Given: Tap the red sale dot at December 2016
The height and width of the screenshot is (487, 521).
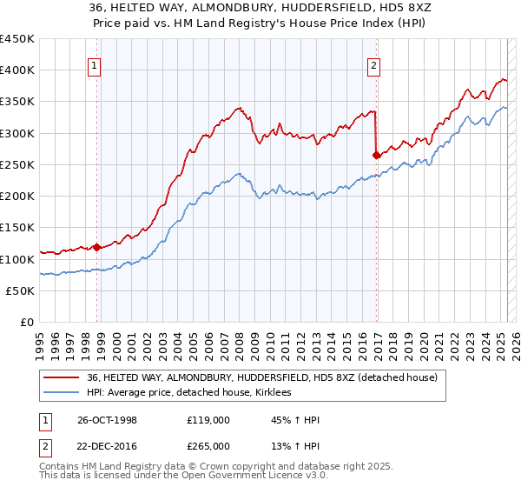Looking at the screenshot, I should [x=376, y=156].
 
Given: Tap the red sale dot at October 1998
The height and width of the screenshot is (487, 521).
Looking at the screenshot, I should [x=97, y=248].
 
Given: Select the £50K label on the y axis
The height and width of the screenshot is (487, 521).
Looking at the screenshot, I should [x=20, y=291].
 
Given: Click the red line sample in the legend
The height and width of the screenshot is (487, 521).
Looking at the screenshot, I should [x=61, y=377].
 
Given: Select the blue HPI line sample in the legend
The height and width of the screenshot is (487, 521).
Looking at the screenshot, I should [x=61, y=393].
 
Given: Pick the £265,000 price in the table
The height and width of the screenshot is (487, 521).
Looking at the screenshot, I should [x=208, y=445].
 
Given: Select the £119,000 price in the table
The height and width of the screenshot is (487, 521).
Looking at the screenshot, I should [x=208, y=420].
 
